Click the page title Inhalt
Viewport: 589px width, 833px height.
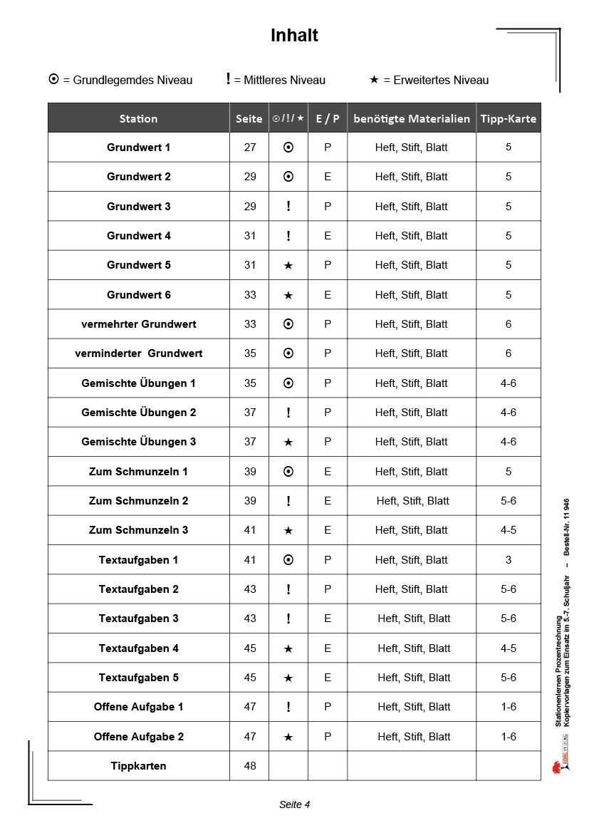click(x=294, y=36)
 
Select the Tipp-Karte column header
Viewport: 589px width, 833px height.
click(x=508, y=118)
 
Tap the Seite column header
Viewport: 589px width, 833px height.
click(x=249, y=118)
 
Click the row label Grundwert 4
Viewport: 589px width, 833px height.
click(x=139, y=236)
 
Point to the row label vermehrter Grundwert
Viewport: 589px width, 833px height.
click(x=139, y=324)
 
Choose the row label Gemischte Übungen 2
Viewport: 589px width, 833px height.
click(x=139, y=413)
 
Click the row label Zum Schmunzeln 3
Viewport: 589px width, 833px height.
click(x=139, y=530)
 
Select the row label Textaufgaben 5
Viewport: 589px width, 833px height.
click(x=139, y=678)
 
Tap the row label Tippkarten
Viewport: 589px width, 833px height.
click(x=139, y=766)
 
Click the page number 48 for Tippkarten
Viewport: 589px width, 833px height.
click(x=250, y=766)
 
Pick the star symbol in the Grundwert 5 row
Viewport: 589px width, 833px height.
click(x=288, y=265)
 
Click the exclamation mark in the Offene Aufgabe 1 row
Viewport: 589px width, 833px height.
click(x=288, y=707)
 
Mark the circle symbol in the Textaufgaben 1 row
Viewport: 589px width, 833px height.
click(x=288, y=560)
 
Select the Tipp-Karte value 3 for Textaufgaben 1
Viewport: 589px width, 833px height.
click(x=509, y=560)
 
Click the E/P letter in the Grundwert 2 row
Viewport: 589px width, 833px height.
click(x=328, y=177)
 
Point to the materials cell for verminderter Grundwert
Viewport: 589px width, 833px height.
click(x=412, y=353)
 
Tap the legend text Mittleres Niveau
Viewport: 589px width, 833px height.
click(x=284, y=81)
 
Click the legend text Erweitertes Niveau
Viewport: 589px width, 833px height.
click(x=436, y=81)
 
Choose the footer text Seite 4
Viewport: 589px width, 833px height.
click(x=294, y=804)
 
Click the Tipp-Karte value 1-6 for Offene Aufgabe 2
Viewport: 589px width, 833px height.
click(x=509, y=737)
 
